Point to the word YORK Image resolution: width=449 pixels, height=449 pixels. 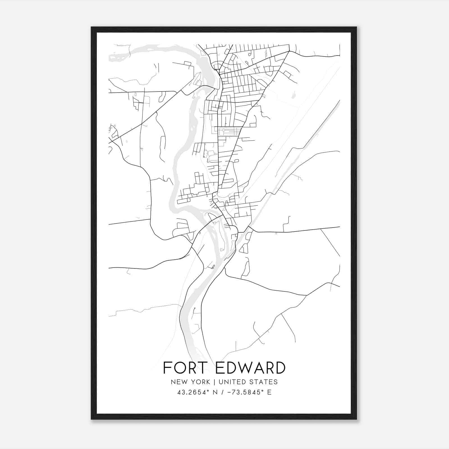(200, 382)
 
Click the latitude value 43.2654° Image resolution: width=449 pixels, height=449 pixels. (193, 392)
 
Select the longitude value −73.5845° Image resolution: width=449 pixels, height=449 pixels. (244, 392)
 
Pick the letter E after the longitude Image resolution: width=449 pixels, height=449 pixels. (269, 392)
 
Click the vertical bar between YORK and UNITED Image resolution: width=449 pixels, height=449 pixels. (214, 382)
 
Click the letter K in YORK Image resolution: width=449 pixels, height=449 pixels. (208, 382)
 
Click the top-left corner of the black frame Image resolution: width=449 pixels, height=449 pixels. (91, 27)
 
